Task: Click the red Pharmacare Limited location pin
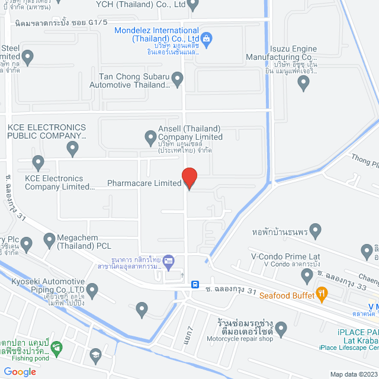coord(189,178)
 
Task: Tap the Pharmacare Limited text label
coord(144,183)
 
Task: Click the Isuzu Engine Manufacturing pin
coord(304,83)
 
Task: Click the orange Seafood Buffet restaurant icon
coord(322,292)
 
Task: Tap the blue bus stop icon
coord(195,284)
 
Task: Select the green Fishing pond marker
coord(57,350)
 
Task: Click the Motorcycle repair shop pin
coord(281,327)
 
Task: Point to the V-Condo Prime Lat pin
coord(307,275)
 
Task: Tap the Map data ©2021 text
coord(353,374)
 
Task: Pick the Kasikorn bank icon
coord(169,261)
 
